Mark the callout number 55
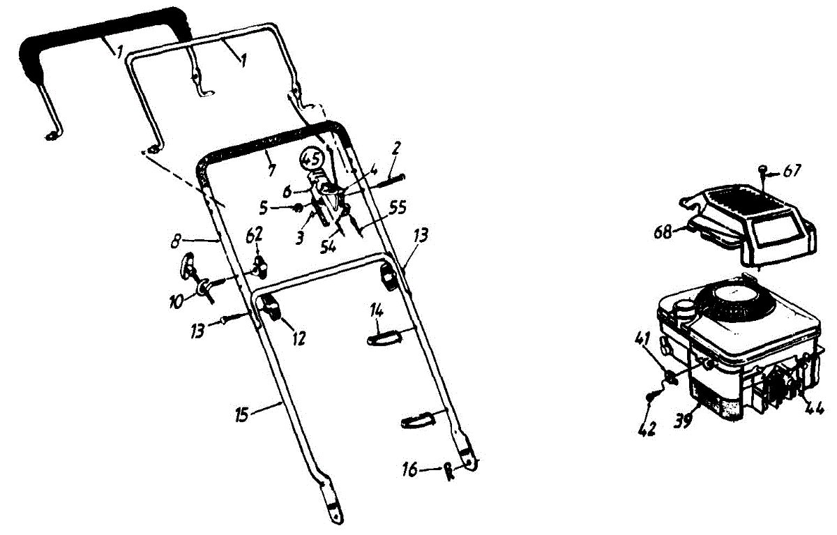point(398,207)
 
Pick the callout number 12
point(299,339)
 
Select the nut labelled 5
point(297,207)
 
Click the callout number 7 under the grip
point(271,171)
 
